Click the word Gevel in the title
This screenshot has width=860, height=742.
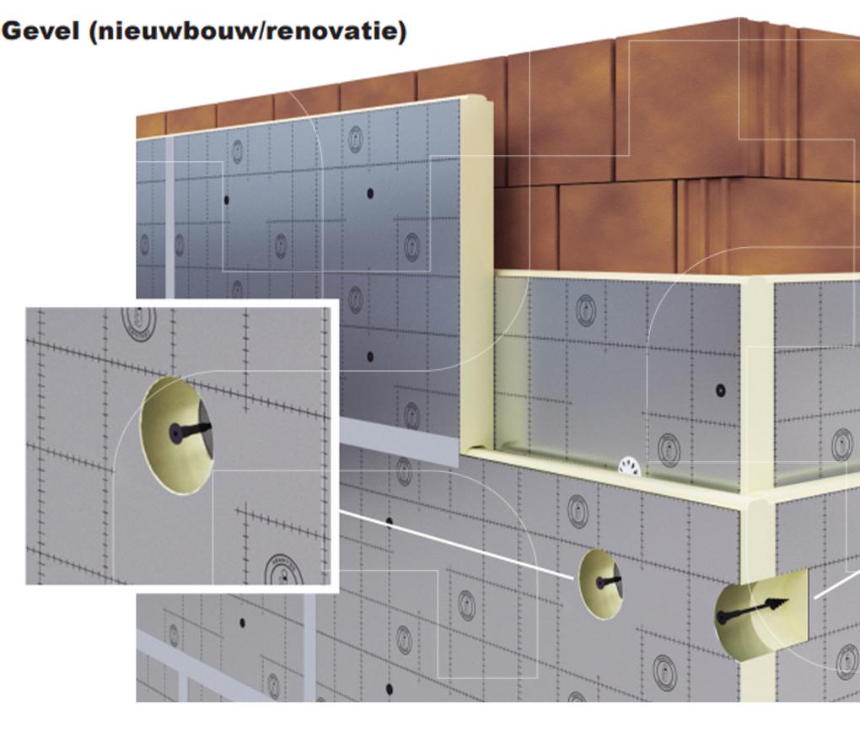pyautogui.click(x=40, y=30)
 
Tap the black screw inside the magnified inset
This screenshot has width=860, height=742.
pyautogui.click(x=190, y=431)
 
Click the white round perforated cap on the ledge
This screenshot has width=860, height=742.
pyautogui.click(x=629, y=466)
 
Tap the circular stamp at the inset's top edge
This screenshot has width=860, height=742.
pyautogui.click(x=139, y=322)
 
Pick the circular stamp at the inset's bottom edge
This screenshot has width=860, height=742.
pyautogui.click(x=283, y=570)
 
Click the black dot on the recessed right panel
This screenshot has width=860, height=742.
pyautogui.click(x=720, y=390)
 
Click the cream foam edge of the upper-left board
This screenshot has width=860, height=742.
pyautogui.click(x=475, y=274)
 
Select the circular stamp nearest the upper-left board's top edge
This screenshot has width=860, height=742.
pyautogui.click(x=356, y=139)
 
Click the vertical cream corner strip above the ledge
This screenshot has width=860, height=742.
pyautogui.click(x=757, y=384)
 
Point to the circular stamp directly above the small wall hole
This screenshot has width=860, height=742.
pyautogui.click(x=578, y=511)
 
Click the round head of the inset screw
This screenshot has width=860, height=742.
pyautogui.click(x=175, y=433)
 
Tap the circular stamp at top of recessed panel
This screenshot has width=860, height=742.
pyautogui.click(x=586, y=309)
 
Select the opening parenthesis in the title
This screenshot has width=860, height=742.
pyautogui.click(x=92, y=32)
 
